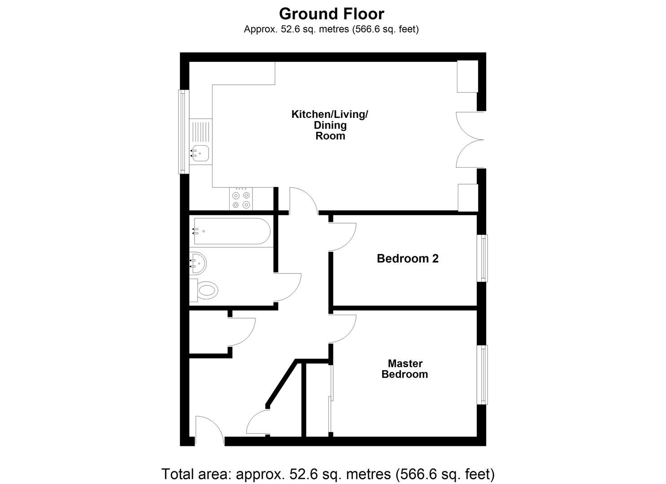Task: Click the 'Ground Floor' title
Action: [331, 14]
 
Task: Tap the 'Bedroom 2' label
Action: [408, 259]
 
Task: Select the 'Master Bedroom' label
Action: [405, 369]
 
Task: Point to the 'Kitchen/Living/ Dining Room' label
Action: [330, 125]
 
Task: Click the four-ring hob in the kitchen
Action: [241, 199]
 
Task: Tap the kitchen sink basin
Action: [200, 153]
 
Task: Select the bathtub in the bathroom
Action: [232, 231]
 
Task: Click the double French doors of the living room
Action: [470, 140]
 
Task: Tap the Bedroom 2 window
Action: [482, 258]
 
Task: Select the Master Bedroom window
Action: [482, 375]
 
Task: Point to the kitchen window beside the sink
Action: [183, 132]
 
